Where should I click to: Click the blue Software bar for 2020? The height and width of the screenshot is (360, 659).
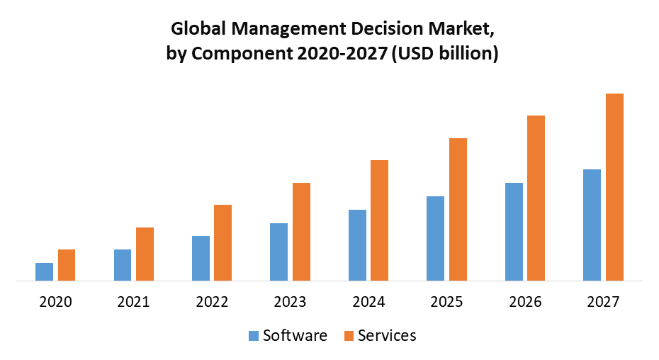(44, 271)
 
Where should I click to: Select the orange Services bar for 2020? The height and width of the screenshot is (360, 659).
(67, 265)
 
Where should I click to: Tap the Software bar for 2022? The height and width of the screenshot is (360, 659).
(201, 258)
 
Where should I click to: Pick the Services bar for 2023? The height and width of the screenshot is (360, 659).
(302, 232)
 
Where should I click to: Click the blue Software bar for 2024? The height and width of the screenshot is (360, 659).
(357, 245)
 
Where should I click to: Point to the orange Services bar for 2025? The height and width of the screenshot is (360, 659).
(458, 209)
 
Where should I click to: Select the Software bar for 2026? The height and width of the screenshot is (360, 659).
(514, 232)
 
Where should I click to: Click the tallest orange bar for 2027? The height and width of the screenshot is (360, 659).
(614, 187)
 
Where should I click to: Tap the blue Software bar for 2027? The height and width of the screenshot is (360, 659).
(592, 225)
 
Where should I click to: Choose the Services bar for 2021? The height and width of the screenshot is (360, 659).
(145, 254)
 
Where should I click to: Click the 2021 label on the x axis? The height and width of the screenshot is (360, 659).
(133, 302)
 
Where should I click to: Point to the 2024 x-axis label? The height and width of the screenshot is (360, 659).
(368, 302)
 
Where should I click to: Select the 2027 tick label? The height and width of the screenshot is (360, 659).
(603, 302)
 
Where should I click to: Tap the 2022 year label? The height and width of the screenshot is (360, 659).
(212, 302)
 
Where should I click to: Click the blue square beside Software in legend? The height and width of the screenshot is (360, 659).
(254, 336)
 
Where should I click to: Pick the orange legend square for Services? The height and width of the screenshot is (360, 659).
(349, 336)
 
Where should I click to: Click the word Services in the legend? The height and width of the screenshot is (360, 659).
(387, 335)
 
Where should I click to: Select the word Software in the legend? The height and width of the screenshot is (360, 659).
(295, 335)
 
